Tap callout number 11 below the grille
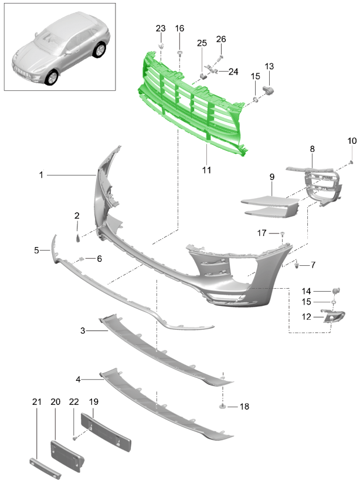206,170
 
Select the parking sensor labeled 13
269,90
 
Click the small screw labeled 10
351,161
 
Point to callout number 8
312,149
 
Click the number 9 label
272,177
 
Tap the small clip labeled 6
82,259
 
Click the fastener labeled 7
296,265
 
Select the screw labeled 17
282,234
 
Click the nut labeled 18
222,406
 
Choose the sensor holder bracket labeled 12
332,316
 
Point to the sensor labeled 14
336,290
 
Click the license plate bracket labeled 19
106,432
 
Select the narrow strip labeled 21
45,468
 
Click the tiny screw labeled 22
74,439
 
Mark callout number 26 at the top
221,39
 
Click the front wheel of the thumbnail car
51,77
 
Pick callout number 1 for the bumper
41,175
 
